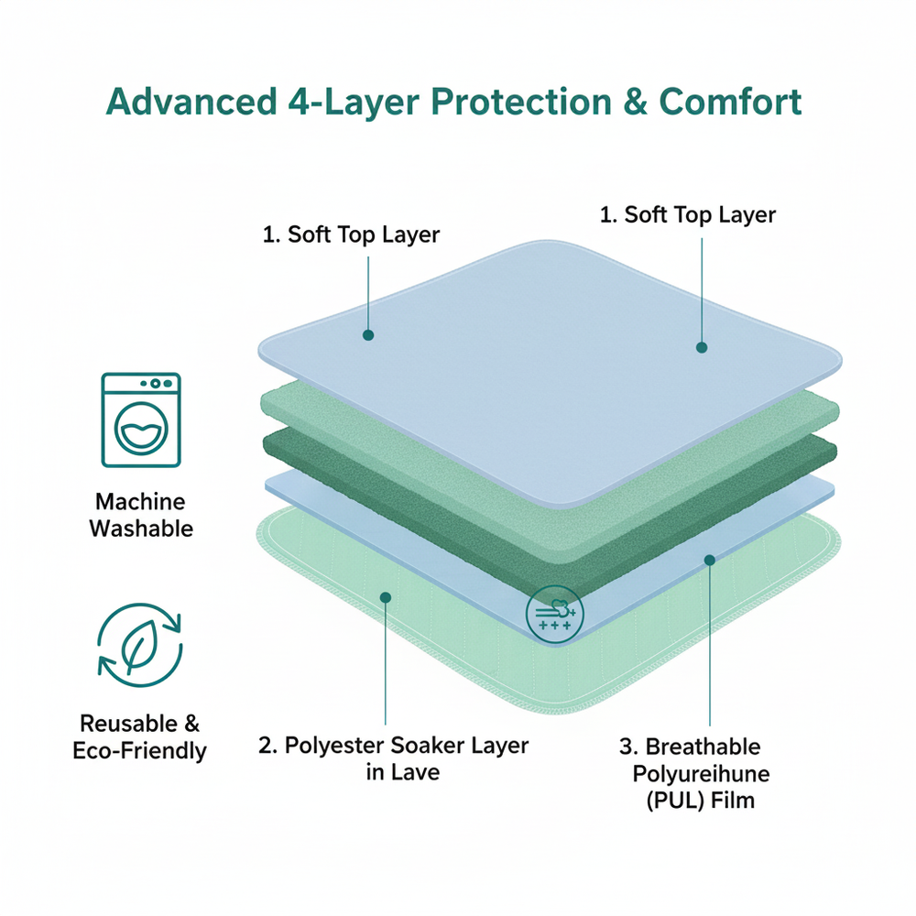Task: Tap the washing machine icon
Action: [x=141, y=420]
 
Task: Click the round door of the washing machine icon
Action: [x=141, y=431]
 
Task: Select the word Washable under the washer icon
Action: [x=141, y=529]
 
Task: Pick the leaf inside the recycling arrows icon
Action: [x=141, y=649]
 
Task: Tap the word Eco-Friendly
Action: [x=140, y=751]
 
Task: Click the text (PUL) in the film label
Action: [x=669, y=801]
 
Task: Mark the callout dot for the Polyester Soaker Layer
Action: [x=386, y=596]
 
